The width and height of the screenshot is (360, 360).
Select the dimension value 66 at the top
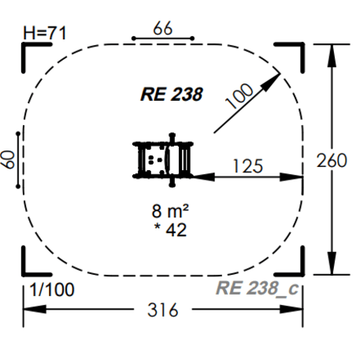coord(162,28)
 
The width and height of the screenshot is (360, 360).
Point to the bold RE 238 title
coord(172,95)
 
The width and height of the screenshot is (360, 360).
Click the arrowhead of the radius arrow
coord(276,77)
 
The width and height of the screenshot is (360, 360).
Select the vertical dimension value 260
coord(332,160)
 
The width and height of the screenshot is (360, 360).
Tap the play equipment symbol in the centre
coord(163,160)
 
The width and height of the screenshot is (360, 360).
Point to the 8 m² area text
coord(174,211)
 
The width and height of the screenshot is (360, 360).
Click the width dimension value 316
coord(164,310)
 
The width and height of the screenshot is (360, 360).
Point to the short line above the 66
coord(162,38)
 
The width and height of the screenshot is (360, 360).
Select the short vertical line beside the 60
coord(18,160)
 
